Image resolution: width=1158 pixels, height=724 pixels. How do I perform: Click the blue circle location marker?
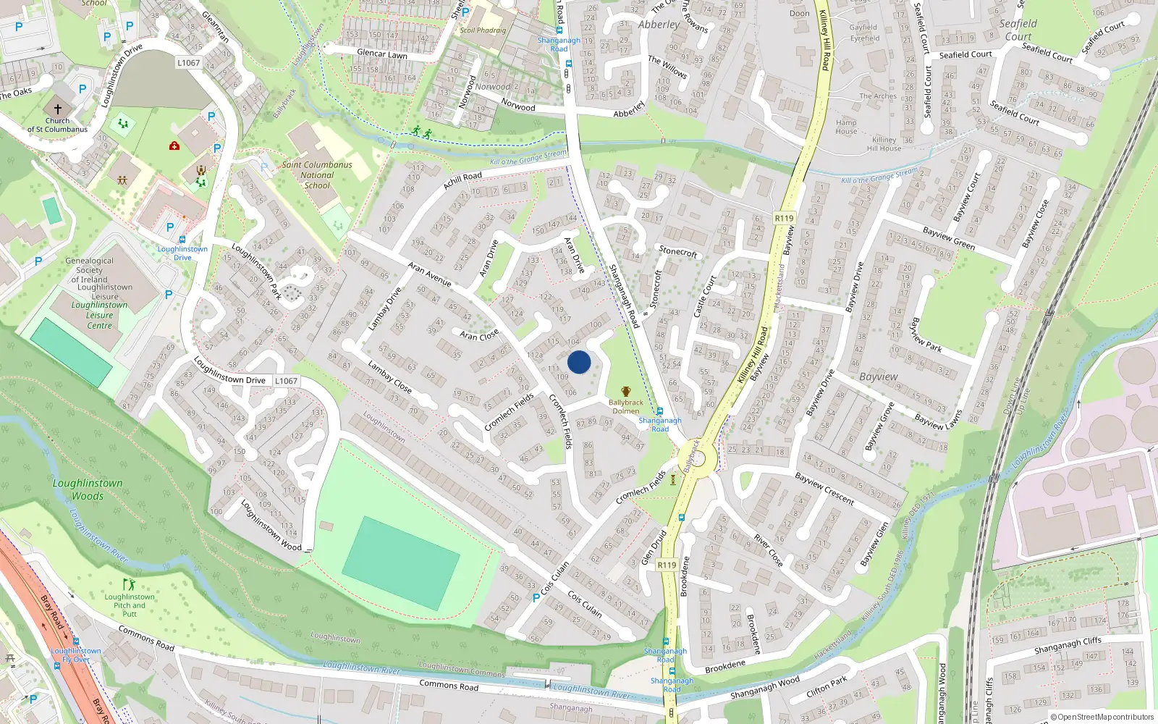tap(579, 362)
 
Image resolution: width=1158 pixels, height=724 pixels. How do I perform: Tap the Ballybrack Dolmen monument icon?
tap(626, 391)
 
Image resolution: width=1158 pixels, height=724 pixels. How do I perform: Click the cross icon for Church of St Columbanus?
tap(58, 109)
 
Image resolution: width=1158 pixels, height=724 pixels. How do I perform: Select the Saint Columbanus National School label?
tap(317, 174)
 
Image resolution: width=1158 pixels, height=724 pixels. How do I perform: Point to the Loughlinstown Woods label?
tap(88, 489)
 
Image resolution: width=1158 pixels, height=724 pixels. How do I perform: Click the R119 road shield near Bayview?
tap(784, 218)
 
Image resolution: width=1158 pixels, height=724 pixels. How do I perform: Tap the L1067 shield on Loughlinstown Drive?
tap(286, 381)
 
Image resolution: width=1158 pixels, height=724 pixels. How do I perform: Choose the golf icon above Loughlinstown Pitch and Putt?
tap(129, 584)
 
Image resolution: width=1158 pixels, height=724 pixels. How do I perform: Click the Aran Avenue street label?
tap(429, 274)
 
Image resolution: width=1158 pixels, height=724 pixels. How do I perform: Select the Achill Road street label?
tap(462, 180)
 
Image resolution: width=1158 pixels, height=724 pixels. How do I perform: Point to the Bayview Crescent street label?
tap(824, 488)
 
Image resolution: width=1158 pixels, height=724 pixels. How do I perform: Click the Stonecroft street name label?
tap(677, 251)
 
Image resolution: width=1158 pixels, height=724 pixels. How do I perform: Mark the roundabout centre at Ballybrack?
tap(696, 458)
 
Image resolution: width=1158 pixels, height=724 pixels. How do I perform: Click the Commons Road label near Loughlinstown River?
tap(449, 685)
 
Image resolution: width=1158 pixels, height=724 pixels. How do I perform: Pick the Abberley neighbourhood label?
tap(659, 25)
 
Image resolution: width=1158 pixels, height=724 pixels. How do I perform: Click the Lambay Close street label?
tap(389, 377)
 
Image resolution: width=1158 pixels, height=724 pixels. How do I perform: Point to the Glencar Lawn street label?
tap(382, 54)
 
